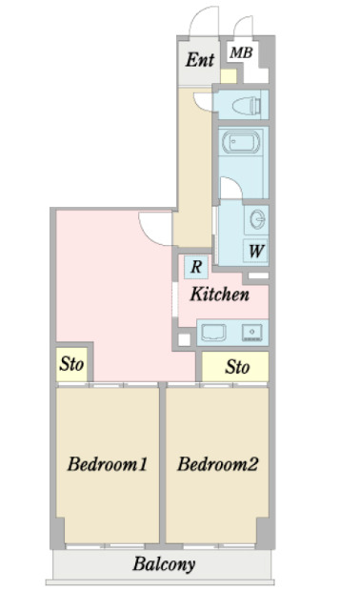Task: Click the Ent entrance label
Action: (200, 59)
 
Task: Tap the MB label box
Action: (241, 52)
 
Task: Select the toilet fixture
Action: (247, 105)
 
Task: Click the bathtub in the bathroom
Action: (241, 142)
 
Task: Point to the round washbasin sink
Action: (257, 219)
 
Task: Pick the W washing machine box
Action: (256, 251)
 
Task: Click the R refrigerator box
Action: (196, 267)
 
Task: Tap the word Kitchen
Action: (220, 295)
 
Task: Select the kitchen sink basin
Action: (213, 333)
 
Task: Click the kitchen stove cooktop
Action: (252, 333)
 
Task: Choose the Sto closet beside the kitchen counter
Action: (235, 366)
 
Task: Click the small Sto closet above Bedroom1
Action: (72, 364)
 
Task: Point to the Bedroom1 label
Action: (108, 464)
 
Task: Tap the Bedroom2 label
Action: (218, 464)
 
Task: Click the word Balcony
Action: (164, 564)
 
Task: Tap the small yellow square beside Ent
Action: (229, 76)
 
